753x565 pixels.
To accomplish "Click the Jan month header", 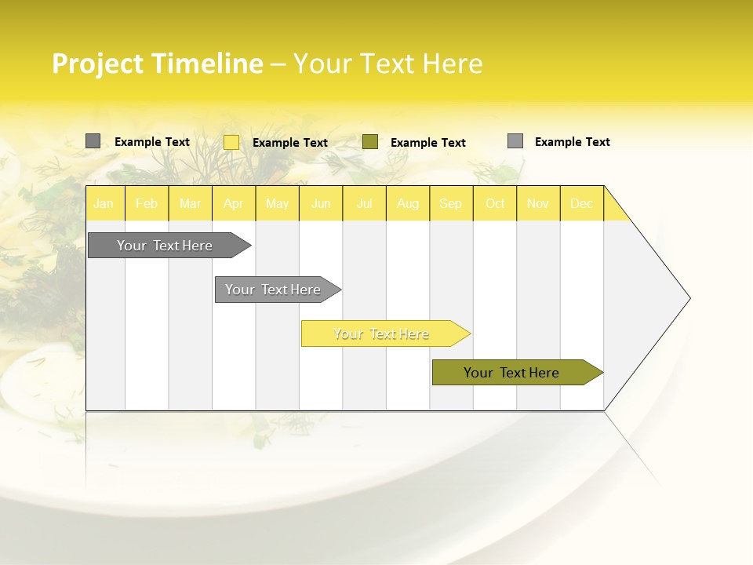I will tap(104, 203).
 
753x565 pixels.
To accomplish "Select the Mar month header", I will tap(190, 203).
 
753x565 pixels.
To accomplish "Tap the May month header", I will tap(277, 203).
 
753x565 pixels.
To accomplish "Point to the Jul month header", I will tap(364, 203).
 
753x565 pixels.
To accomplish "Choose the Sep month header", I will tap(450, 203).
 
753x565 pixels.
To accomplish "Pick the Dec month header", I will tap(581, 203).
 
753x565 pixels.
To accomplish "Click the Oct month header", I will tap(495, 203).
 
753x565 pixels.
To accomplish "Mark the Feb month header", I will tap(147, 203).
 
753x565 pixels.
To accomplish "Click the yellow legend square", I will tap(231, 142).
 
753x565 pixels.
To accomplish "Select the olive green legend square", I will tap(370, 142).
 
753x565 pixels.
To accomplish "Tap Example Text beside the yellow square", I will tap(289, 143).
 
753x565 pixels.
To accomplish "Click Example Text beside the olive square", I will tap(427, 143).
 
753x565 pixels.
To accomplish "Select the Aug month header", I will tap(407, 203).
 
